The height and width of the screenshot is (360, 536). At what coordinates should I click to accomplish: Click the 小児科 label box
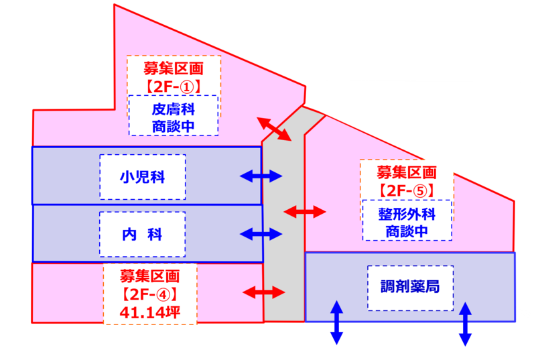pos(143,177)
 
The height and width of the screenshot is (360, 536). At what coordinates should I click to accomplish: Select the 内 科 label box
pos(143,235)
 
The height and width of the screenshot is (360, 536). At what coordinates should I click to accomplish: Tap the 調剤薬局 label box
pos(411,288)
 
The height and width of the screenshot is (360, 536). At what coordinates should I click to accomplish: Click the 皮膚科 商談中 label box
pos(174,115)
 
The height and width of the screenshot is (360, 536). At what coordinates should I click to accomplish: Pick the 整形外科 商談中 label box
pos(407,220)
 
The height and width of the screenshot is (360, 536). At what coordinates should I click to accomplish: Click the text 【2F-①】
pos(174,87)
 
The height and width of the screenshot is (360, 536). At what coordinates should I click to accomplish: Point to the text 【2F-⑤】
pos(407,191)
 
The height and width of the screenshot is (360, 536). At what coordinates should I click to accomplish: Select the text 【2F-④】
pos(149,294)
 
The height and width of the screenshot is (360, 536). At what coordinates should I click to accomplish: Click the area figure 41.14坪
pos(149,312)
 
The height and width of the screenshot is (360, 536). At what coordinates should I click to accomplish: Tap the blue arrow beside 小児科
pos(261,176)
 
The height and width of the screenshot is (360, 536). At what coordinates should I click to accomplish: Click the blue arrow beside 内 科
pos(261,234)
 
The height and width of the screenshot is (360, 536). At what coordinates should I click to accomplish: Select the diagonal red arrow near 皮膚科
pos(274,129)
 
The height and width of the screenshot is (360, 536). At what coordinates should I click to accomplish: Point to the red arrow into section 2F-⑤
pos(305,212)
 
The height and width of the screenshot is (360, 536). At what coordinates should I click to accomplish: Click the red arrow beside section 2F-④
pos(263,293)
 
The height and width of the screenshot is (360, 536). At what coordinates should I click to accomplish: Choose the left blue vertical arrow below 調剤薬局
pos(337,322)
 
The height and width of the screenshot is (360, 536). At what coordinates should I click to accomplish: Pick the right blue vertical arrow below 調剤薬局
pos(465,324)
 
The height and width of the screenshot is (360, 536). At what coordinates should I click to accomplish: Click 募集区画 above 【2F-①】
pos(174,69)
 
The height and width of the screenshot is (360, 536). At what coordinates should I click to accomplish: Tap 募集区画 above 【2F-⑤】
pos(407,173)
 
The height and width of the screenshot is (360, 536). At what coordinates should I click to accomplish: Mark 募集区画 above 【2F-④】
pos(149,276)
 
